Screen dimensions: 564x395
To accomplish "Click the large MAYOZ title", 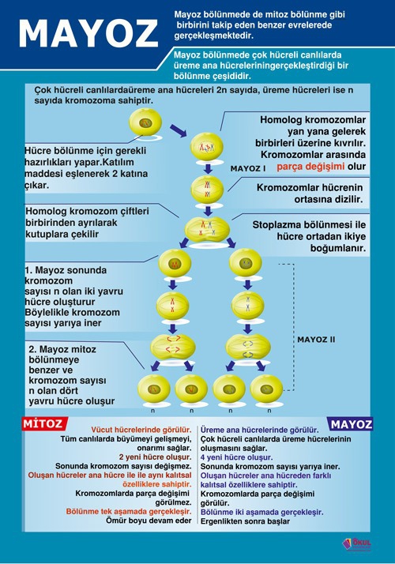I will click(88, 33).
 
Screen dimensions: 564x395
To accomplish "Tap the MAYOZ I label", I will click(248, 168).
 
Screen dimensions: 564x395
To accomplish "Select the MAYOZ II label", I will click(316, 339).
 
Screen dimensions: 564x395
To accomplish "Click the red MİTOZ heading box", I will click(43, 424).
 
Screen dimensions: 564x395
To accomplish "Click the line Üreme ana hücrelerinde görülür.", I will click(254, 428).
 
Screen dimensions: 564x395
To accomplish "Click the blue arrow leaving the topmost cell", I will click(178, 129).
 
